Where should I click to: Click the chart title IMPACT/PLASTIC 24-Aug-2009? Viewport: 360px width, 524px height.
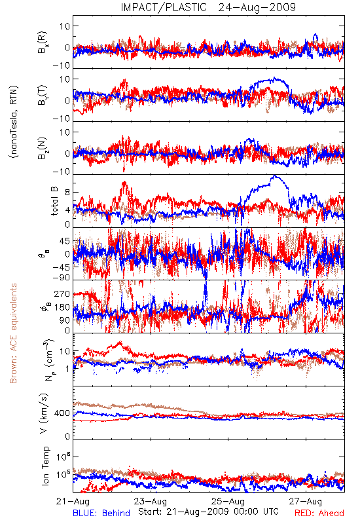click(208, 7)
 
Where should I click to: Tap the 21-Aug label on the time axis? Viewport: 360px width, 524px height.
click(73, 501)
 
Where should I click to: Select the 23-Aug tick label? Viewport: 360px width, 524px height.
click(151, 501)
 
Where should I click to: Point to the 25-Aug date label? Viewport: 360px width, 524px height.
click(228, 501)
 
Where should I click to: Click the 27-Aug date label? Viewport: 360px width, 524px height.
click(306, 501)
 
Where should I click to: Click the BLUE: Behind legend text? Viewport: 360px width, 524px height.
click(101, 513)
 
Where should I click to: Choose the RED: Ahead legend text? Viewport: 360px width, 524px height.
click(319, 513)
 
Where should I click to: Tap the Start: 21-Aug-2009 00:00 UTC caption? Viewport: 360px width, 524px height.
click(208, 512)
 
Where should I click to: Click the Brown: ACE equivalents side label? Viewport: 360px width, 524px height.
click(13, 333)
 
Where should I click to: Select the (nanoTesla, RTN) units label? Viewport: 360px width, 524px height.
click(14, 122)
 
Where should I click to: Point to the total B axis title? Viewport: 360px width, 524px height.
click(54, 201)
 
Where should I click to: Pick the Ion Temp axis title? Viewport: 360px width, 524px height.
click(45, 466)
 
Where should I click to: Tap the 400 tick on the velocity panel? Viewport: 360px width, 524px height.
click(62, 413)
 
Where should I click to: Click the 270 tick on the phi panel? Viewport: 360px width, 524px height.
click(62, 294)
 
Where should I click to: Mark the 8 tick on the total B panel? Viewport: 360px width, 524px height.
click(67, 193)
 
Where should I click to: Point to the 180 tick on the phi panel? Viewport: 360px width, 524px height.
click(62, 307)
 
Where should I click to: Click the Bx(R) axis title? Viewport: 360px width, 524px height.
click(43, 43)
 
